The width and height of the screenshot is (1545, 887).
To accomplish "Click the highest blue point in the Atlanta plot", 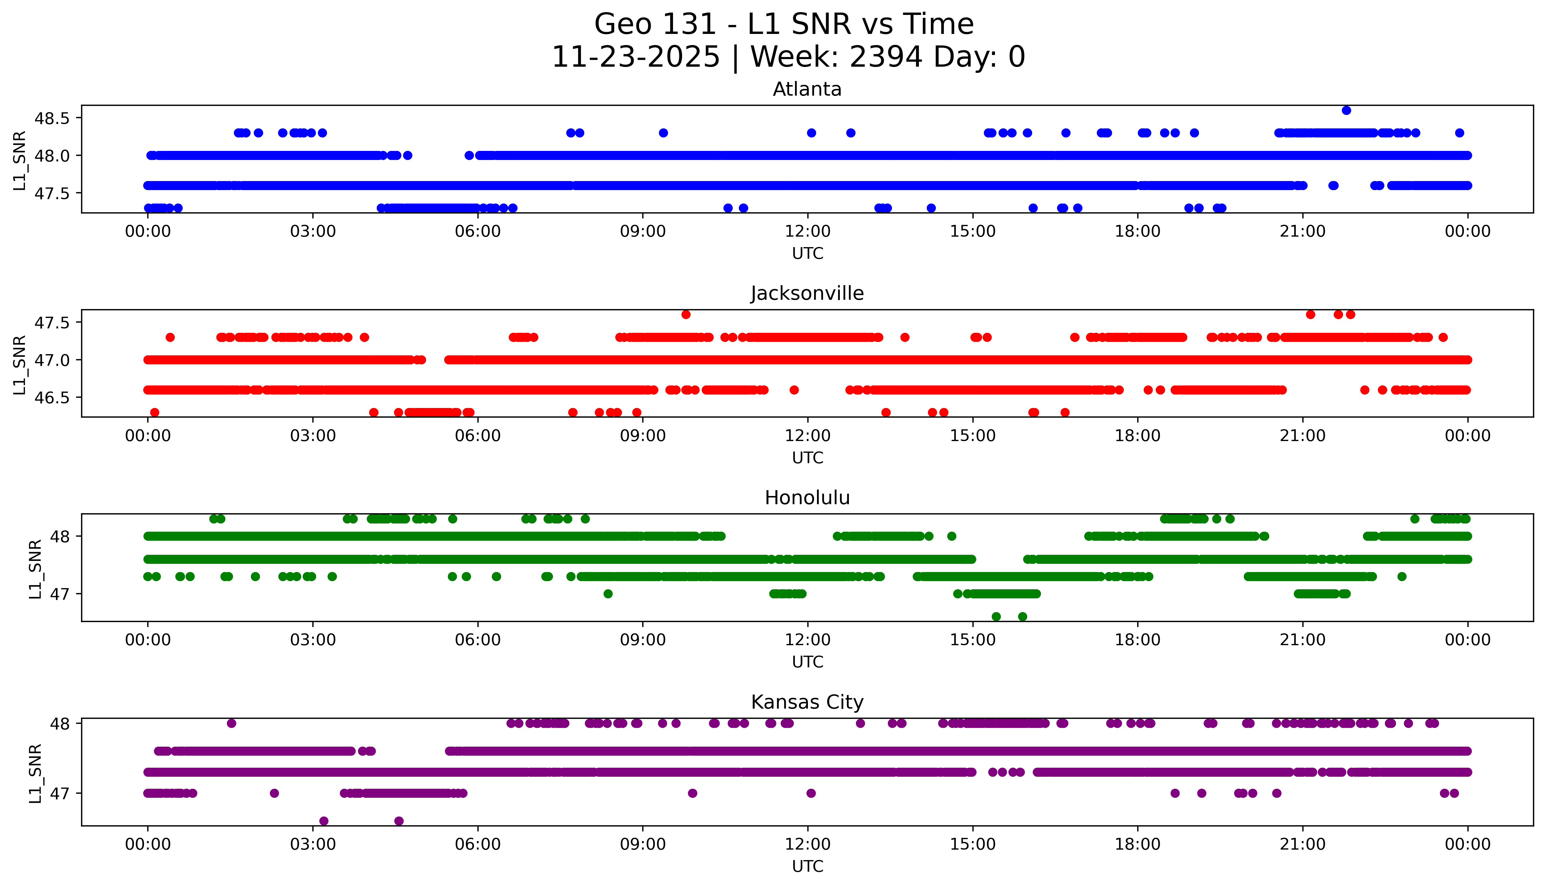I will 1346,110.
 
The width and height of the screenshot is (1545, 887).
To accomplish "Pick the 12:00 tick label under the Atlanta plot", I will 808,232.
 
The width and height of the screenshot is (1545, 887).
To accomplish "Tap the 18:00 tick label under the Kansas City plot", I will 1138,844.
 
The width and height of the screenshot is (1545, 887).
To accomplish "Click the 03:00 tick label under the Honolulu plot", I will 313,640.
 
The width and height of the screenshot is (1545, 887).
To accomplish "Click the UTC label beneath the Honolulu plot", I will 807,662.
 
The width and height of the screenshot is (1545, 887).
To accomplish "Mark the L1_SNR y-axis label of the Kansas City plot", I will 35,772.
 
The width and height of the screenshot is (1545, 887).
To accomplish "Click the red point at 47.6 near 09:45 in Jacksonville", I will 686,314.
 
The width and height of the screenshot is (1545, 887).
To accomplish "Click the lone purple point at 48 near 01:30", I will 231,723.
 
